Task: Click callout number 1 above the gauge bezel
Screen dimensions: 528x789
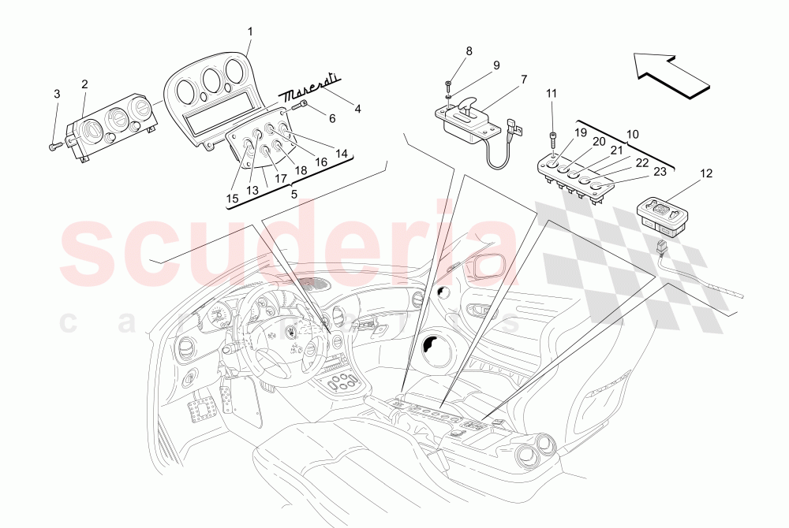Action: point(249,32)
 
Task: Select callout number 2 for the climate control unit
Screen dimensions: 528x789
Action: point(84,84)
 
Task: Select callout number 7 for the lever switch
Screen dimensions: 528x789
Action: point(523,79)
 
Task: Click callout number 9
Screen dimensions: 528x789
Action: point(496,66)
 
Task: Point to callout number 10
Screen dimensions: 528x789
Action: point(632,135)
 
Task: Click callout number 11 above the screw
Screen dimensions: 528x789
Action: point(552,93)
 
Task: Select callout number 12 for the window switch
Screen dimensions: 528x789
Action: point(705,173)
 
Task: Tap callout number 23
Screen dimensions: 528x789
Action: point(660,172)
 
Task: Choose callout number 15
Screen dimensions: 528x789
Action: point(232,199)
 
